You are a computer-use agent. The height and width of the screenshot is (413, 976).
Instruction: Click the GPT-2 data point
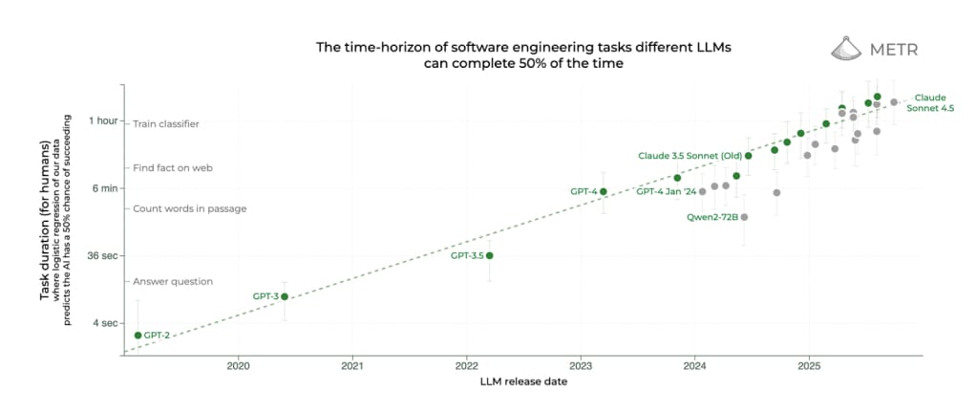[138, 335]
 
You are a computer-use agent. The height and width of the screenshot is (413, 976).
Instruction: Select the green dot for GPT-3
[285, 296]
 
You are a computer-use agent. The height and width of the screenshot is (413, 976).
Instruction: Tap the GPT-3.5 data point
[490, 255]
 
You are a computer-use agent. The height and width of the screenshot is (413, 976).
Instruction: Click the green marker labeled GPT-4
[604, 191]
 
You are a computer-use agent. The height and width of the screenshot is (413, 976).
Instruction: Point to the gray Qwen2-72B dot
[745, 217]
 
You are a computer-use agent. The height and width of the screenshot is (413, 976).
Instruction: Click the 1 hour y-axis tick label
[103, 120]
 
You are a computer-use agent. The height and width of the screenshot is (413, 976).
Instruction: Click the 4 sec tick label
[104, 323]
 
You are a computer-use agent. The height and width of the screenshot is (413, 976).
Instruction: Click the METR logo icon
[844, 49]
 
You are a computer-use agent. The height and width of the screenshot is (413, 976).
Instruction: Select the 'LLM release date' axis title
[522, 382]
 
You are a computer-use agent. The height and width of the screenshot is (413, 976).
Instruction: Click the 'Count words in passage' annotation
[189, 208]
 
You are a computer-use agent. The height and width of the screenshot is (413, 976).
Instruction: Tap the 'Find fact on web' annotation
[172, 167]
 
